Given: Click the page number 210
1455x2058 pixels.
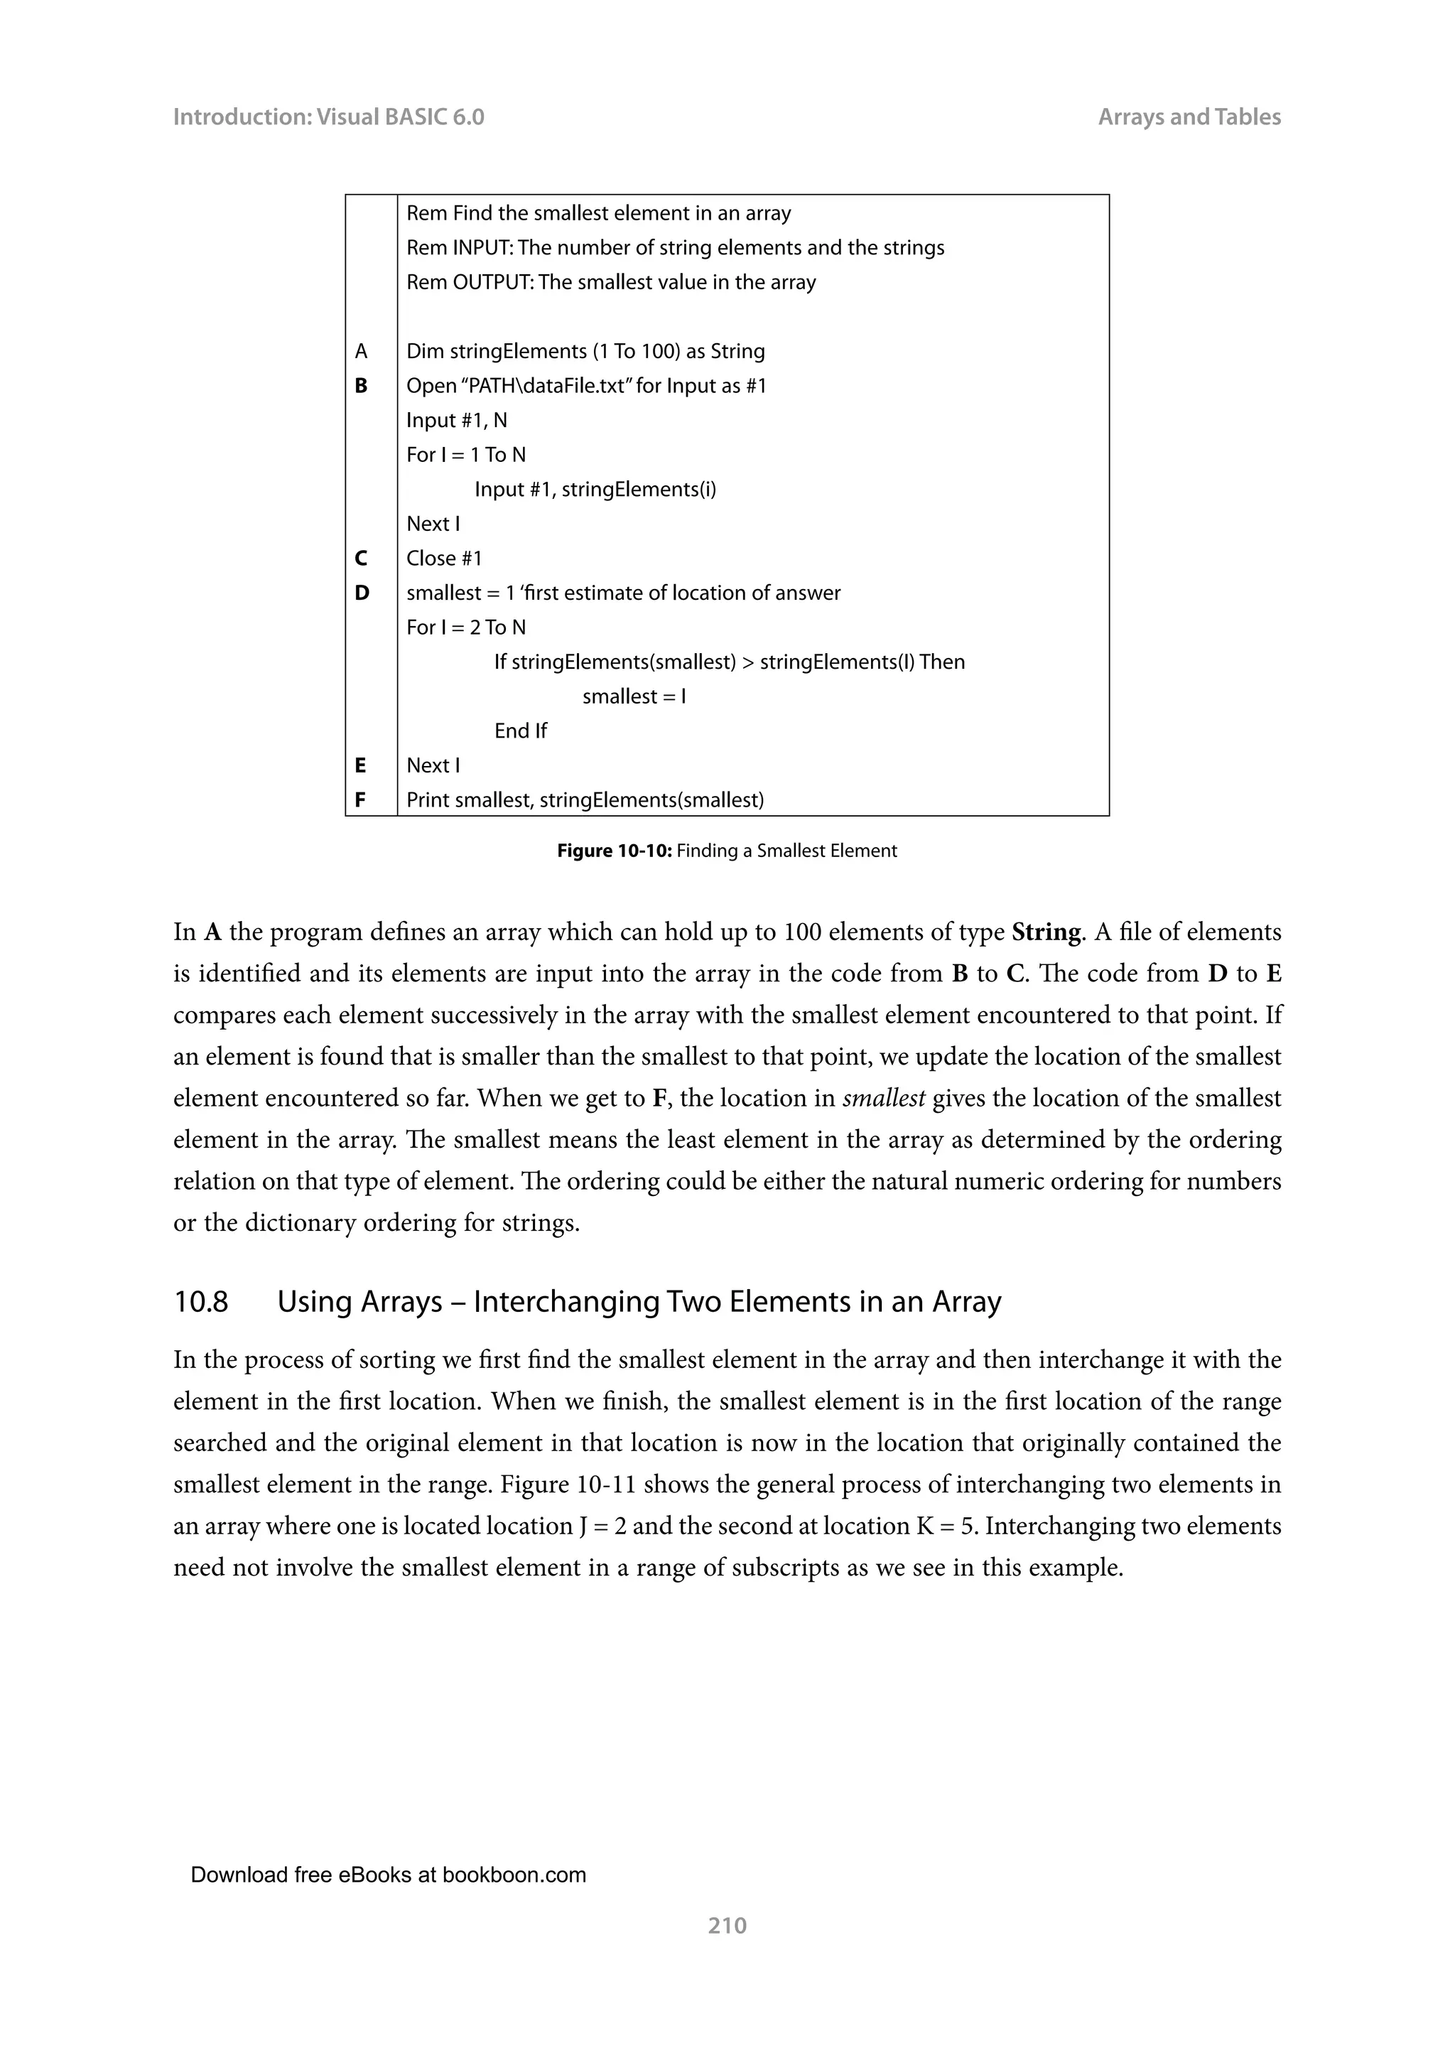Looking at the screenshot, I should [x=727, y=1925].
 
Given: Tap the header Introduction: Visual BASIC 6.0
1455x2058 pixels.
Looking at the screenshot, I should [x=328, y=117].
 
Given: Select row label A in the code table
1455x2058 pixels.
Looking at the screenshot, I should [x=361, y=351].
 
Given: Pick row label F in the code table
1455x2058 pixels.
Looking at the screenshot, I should [x=360, y=799].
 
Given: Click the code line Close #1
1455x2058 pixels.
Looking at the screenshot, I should [x=443, y=559].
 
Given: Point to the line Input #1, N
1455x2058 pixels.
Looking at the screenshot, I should [x=456, y=421].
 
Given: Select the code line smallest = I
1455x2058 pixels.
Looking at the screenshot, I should [x=634, y=696].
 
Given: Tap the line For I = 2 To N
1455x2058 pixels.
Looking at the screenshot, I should [x=466, y=627].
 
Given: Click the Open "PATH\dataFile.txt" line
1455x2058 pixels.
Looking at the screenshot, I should [x=586, y=387].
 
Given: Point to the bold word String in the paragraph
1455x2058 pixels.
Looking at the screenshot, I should [x=1046, y=932].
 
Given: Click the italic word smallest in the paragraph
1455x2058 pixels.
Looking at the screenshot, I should [x=882, y=1099].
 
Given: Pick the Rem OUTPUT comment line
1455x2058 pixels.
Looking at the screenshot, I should [x=611, y=282].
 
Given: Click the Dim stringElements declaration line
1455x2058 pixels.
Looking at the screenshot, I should [x=585, y=351].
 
